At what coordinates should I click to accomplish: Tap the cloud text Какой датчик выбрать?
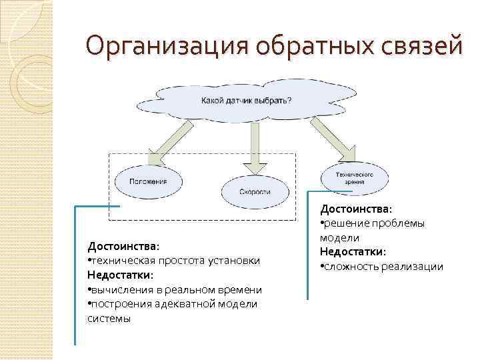(246, 101)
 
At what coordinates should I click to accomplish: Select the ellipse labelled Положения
(149, 181)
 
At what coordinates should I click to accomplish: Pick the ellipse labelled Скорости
(255, 191)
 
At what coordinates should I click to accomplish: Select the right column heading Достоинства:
(356, 209)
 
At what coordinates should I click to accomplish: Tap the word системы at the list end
(109, 318)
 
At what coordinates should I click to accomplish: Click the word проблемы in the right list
(401, 223)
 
